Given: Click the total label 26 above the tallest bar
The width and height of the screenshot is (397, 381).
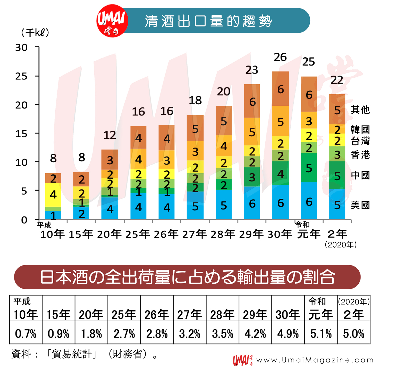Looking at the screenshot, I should pyautogui.click(x=280, y=57).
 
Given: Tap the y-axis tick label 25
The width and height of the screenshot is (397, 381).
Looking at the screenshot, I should pyautogui.click(x=21, y=76).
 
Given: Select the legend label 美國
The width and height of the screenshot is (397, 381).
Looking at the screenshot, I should pyautogui.click(x=360, y=205).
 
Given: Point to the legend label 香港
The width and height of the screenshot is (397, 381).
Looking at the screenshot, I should pyautogui.click(x=360, y=155).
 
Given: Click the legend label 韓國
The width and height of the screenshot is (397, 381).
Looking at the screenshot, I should pyautogui.click(x=360, y=129).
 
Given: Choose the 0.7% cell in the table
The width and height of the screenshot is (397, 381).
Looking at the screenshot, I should pyautogui.click(x=26, y=333).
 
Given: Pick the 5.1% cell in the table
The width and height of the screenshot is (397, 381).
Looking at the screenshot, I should pyautogui.click(x=321, y=333).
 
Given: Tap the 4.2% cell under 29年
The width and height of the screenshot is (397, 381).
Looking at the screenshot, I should pyautogui.click(x=255, y=333).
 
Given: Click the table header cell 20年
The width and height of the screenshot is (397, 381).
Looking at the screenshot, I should pyautogui.click(x=91, y=314).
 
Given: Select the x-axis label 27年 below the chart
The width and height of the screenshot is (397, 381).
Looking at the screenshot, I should pyautogui.click(x=195, y=234).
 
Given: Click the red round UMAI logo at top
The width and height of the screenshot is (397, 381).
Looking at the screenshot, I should pyautogui.click(x=112, y=21).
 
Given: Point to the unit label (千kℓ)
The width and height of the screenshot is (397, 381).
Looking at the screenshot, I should pyautogui.click(x=35, y=33).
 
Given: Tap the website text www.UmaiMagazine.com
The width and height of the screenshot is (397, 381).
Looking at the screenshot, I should pyautogui.click(x=315, y=360).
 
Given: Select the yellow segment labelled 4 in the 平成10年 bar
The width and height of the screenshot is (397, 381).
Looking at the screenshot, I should pyautogui.click(x=53, y=195).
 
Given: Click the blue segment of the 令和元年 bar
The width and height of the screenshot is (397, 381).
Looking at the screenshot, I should pyautogui.click(x=309, y=201).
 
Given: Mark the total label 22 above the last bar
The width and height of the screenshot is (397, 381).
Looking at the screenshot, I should pyautogui.click(x=337, y=80).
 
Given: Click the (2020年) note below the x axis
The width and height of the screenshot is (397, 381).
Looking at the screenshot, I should pyautogui.click(x=341, y=244).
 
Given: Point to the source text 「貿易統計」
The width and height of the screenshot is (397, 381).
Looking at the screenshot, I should pyautogui.click(x=71, y=354).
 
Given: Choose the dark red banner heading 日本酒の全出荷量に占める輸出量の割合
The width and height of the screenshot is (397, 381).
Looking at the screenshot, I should pyautogui.click(x=187, y=277).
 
